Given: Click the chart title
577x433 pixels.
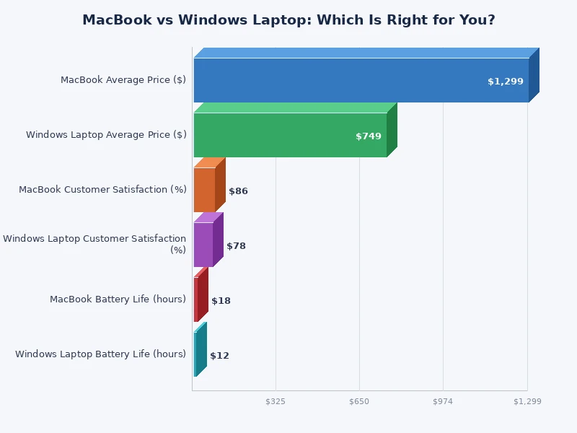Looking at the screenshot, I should tap(288, 20).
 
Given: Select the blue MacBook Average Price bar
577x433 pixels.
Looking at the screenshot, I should tap(361, 79).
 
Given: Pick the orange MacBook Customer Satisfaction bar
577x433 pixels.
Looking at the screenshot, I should tap(205, 190).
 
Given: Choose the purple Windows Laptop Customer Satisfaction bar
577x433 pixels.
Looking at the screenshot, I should tap(203, 245).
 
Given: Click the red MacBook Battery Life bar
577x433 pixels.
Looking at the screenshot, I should tap(196, 299).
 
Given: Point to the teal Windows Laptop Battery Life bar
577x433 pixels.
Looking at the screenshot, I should tap(195, 354).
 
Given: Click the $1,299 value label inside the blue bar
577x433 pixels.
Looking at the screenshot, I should tap(505, 82).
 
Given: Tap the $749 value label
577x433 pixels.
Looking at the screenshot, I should tap(368, 136).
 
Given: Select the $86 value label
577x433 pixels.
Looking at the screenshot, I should tap(238, 191).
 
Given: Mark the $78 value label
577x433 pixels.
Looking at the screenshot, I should tap(236, 246).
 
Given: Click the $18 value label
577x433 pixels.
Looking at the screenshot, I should tap(221, 301).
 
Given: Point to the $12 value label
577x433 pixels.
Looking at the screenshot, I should tap(219, 356).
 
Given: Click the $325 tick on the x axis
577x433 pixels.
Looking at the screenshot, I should tap(276, 401).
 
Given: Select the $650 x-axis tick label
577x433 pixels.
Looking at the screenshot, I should tap(359, 401).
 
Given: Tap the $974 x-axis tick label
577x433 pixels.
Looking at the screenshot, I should tap(443, 401).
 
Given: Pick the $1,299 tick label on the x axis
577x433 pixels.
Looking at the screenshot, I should tap(527, 401).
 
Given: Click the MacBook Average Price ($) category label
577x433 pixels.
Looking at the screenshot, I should tap(123, 80).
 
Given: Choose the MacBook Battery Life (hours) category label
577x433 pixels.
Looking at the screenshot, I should tap(118, 299).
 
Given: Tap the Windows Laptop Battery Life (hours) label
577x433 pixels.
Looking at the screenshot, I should tap(100, 354).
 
